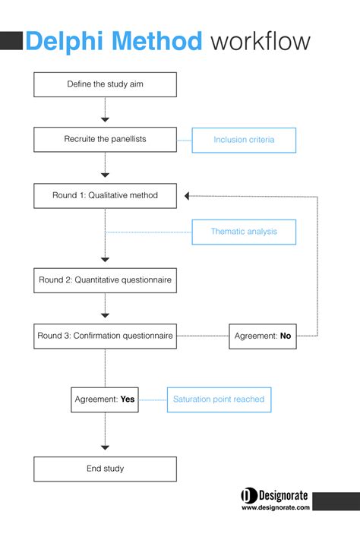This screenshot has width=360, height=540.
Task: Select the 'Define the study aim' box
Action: pos(105,84)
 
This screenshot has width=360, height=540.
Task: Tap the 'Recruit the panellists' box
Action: pos(105,140)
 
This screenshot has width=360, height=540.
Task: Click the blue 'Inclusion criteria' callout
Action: pos(243,140)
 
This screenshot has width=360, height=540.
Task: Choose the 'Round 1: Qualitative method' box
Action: pos(105,195)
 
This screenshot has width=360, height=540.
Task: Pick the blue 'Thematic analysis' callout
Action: pos(243,232)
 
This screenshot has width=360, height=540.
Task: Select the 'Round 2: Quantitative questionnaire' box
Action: pos(105,280)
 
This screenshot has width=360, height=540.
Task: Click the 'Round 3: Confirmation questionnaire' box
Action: pos(105,336)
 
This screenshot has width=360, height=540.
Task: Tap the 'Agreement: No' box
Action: pos(262,336)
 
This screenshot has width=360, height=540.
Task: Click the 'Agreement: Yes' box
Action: pos(105,399)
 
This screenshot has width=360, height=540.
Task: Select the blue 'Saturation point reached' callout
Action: pos(219,399)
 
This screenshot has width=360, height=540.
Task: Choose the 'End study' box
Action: pos(105,469)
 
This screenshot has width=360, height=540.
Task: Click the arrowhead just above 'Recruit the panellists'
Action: pos(106,119)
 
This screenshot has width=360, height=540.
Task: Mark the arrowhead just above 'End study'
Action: pos(106,447)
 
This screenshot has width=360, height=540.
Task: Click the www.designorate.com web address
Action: pos(276,508)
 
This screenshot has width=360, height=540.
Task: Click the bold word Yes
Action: pos(127,399)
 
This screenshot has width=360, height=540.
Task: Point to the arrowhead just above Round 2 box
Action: pos(106,259)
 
